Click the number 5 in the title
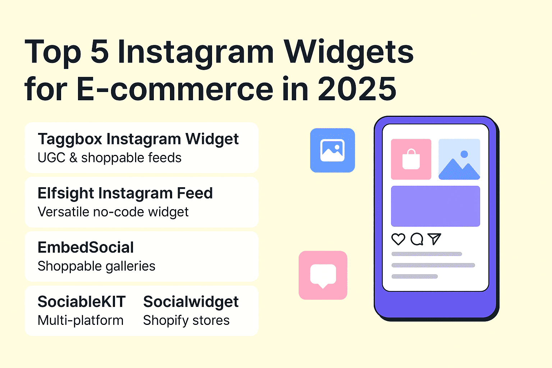pyautogui.click(x=100, y=52)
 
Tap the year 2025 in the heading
pyautogui.click(x=357, y=89)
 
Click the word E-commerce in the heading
pyautogui.click(x=175, y=89)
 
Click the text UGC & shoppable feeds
pyautogui.click(x=110, y=158)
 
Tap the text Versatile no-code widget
pyautogui.click(x=113, y=212)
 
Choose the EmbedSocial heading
pyautogui.click(x=86, y=248)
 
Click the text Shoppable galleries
pyautogui.click(x=96, y=266)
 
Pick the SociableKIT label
pyautogui.click(x=82, y=302)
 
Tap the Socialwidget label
pyautogui.click(x=191, y=302)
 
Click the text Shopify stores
pyautogui.click(x=186, y=321)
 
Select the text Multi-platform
pyautogui.click(x=80, y=321)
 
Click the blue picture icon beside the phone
pyautogui.click(x=332, y=150)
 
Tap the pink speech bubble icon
pyautogui.click(x=323, y=275)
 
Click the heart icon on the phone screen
pyautogui.click(x=398, y=239)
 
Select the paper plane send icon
pyautogui.click(x=434, y=239)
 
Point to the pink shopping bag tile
pyautogui.click(x=411, y=159)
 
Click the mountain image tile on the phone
pyautogui.click(x=459, y=159)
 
